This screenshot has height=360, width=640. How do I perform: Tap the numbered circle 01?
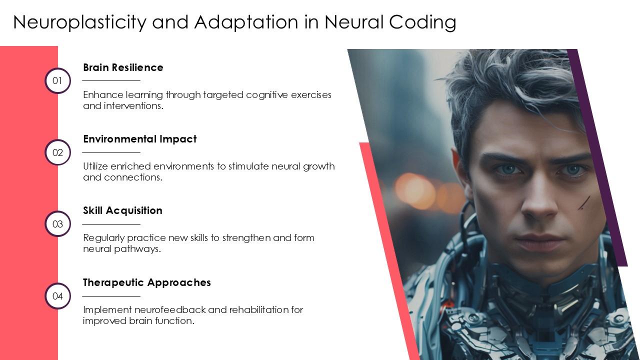57,81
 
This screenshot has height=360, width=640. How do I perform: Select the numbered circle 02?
57,152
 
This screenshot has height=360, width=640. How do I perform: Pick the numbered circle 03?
57,224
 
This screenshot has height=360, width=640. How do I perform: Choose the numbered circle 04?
57,296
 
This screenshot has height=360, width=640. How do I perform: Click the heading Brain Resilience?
123,67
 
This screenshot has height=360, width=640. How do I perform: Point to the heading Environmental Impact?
139,139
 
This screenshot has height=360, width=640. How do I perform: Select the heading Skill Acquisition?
122,210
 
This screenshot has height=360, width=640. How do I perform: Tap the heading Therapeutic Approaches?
146,282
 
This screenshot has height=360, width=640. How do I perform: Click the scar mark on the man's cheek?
584,202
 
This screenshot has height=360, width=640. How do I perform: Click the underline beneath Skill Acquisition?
111,224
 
